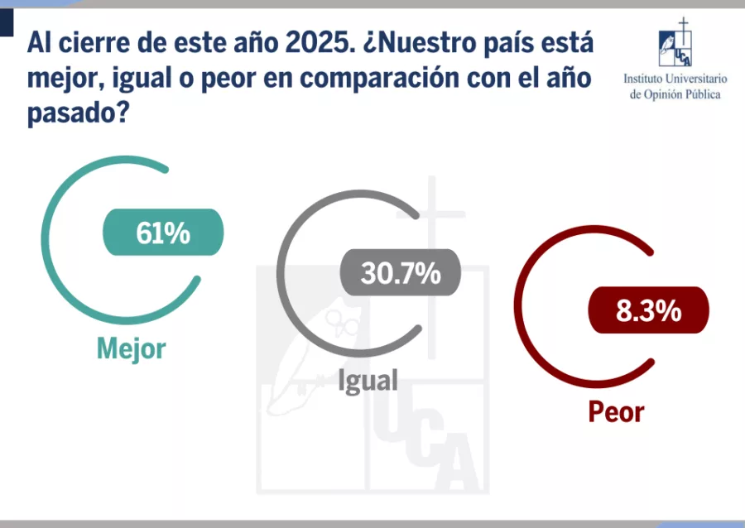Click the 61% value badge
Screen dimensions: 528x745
point(163,233)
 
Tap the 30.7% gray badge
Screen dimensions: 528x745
point(400,271)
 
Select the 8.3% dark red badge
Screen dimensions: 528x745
point(648,310)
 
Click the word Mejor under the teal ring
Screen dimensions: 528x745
point(131,348)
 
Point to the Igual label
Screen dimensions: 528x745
point(368,381)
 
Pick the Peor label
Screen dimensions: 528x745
point(616,411)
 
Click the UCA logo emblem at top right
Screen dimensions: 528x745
point(675,45)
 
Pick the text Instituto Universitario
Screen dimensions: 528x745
point(675,79)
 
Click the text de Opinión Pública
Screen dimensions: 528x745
point(675,94)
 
